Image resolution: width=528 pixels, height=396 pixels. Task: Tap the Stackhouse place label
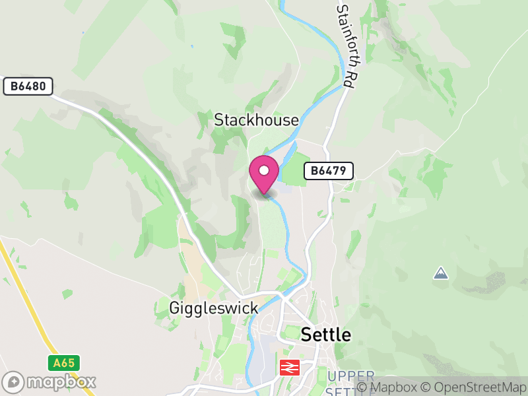click(256, 120)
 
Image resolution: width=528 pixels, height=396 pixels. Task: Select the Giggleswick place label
click(213, 308)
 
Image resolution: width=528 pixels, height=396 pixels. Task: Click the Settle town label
click(326, 335)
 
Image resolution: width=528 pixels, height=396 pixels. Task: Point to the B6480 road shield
click(28, 86)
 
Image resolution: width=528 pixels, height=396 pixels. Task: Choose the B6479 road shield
click(329, 171)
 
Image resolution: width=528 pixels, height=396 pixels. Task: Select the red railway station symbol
click(289, 367)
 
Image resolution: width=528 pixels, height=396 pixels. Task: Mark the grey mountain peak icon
click(441, 273)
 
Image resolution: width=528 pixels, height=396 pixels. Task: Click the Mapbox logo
click(49, 381)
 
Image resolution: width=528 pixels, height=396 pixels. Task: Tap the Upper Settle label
click(350, 381)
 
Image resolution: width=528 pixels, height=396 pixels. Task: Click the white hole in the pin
click(264, 170)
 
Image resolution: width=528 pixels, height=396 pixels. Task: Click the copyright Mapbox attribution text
click(391, 387)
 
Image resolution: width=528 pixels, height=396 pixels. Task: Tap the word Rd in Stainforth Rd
click(348, 78)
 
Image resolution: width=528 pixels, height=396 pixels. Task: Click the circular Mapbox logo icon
click(14, 381)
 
